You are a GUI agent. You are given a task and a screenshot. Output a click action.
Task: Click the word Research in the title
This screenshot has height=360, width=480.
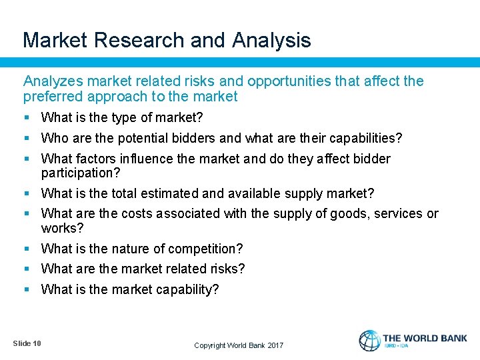[x=139, y=40]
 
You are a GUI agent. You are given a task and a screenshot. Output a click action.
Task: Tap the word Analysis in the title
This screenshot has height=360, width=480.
[x=271, y=40]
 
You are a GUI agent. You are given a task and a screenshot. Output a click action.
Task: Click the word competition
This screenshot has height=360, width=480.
[x=206, y=249]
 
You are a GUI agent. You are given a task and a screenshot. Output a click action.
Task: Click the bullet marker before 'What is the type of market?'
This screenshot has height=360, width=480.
[x=27, y=118]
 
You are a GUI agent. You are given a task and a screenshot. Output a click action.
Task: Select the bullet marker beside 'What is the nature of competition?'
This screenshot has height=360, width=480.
[x=27, y=249]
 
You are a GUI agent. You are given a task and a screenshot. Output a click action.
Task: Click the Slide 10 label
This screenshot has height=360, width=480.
[x=27, y=343]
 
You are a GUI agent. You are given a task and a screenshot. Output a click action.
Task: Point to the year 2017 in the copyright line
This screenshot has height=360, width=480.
[x=275, y=345]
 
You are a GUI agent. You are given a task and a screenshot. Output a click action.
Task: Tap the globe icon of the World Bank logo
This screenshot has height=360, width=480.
[x=369, y=341]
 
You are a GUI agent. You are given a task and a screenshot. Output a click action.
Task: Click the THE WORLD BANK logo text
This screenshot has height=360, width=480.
[x=425, y=338]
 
